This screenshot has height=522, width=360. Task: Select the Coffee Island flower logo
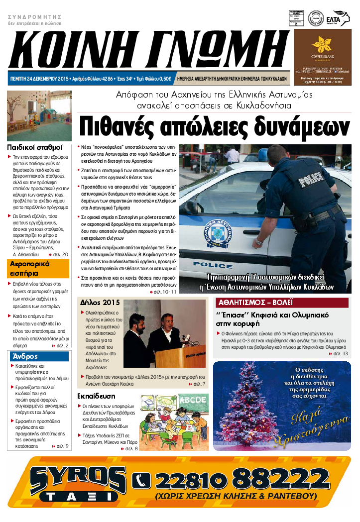(326, 46)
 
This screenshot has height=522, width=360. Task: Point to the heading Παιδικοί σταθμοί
(34, 147)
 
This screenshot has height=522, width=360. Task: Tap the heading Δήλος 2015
(100, 303)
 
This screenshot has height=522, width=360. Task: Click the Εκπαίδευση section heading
(97, 397)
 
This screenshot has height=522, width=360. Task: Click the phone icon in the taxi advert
(141, 480)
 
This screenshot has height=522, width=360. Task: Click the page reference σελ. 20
(60, 254)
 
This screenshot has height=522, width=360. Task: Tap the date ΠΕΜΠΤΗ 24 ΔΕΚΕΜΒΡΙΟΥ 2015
(40, 79)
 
